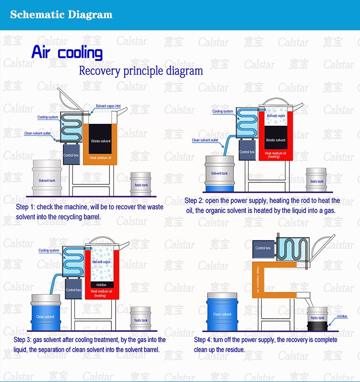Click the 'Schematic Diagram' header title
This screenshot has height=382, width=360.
point(61,14)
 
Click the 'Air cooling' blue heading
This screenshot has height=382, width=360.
point(67,52)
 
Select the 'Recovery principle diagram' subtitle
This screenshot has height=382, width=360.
point(141,72)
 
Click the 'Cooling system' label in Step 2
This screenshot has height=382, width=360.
point(223,111)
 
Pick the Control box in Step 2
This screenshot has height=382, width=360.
point(247,153)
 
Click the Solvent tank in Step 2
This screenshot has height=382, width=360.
point(219,172)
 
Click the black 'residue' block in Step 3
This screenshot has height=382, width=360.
point(100,284)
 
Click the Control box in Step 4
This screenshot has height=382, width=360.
point(263,249)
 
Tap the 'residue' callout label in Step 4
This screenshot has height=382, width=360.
point(342,316)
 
